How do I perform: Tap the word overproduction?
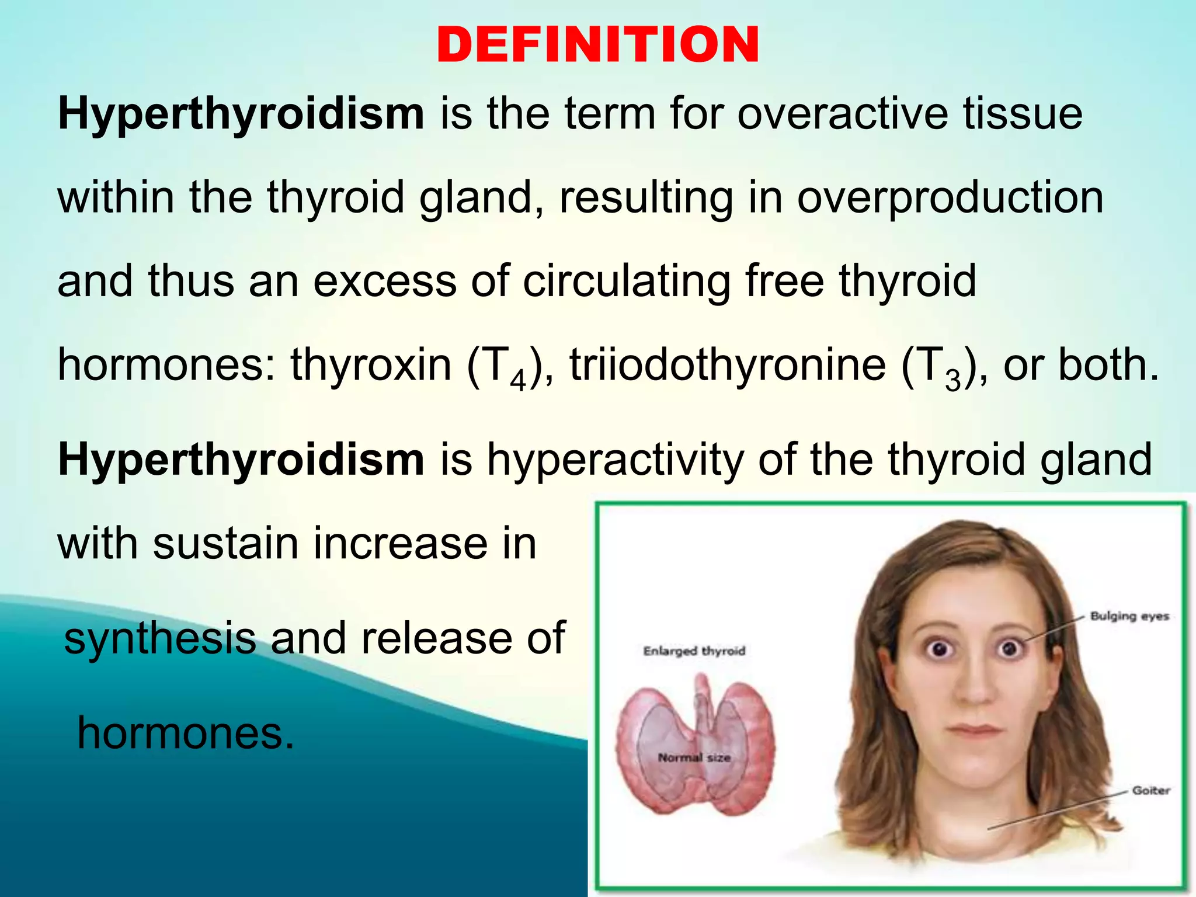(x=950, y=197)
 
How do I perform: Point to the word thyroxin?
(x=371, y=365)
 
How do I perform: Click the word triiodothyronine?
(x=727, y=365)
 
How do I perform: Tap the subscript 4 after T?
(x=518, y=380)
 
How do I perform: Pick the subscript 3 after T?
(x=952, y=380)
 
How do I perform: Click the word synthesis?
(x=160, y=638)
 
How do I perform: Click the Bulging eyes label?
(x=1129, y=616)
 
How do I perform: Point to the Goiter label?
(x=1151, y=791)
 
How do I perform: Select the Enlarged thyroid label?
(x=694, y=651)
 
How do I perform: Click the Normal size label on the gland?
(x=694, y=757)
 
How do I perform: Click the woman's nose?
(x=973, y=689)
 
